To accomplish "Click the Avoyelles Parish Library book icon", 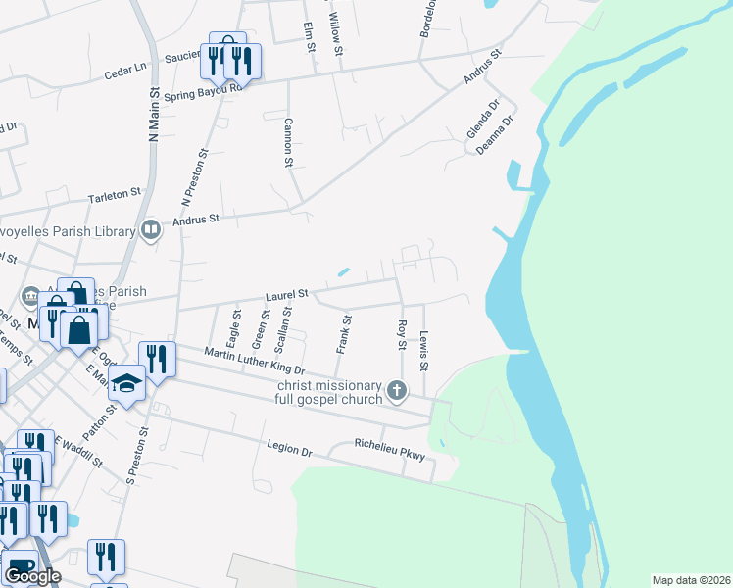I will click(150, 230).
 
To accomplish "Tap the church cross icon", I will click(398, 391).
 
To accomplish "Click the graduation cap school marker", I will click(126, 382).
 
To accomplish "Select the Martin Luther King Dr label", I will click(255, 362).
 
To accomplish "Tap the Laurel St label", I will click(287, 293).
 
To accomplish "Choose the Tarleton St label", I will click(115, 196).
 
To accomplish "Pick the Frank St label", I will click(345, 334).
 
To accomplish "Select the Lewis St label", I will click(424, 351).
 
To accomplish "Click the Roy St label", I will click(401, 333).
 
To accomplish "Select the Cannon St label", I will click(288, 142).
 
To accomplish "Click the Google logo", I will click(32, 576).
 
